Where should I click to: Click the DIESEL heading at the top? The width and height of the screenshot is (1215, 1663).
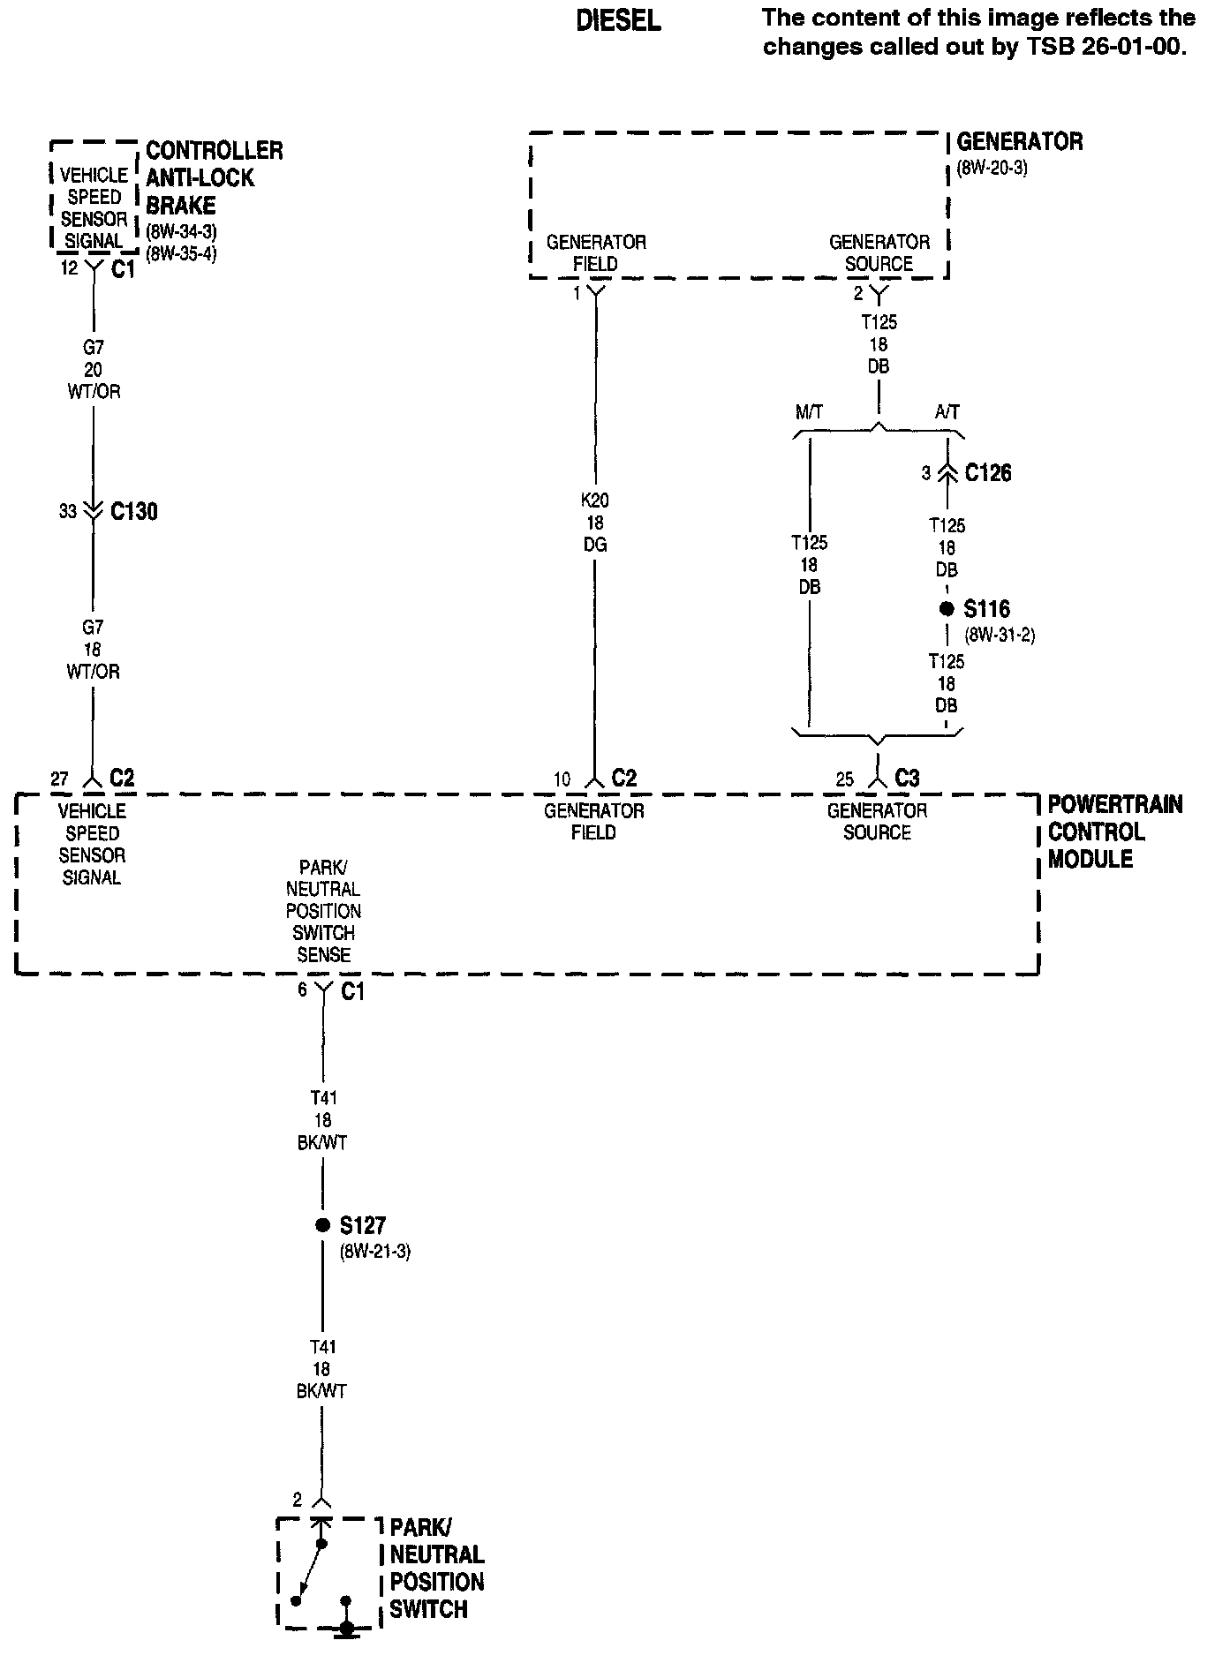tap(618, 21)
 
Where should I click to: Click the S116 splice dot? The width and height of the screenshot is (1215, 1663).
tap(947, 609)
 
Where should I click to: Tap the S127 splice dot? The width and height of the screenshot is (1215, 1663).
tap(322, 1225)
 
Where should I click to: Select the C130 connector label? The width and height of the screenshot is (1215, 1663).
tap(134, 511)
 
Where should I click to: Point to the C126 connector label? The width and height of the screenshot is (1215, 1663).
tap(988, 473)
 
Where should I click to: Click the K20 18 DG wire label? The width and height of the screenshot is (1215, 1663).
tap(594, 523)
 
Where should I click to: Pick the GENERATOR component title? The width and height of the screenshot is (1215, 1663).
tap(1019, 142)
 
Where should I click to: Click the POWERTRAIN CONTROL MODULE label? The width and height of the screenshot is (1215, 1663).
tap(1114, 831)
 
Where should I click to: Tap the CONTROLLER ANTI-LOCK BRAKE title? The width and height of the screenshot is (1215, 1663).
tap(214, 177)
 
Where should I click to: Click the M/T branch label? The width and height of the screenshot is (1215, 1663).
tap(809, 412)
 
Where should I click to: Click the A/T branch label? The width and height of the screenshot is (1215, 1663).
tap(947, 412)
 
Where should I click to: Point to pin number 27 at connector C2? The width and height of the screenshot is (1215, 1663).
tap(59, 779)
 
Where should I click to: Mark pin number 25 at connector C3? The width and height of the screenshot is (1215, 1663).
tap(845, 779)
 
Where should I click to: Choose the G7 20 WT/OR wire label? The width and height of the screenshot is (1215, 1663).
tap(93, 370)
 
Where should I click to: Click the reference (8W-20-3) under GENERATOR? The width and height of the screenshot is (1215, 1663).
tap(992, 168)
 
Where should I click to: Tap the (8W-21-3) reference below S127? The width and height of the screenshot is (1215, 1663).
tap(374, 1251)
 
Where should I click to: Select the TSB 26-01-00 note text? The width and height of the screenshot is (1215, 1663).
tap(978, 32)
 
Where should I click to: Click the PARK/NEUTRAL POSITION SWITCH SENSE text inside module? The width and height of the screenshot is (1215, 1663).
tap(323, 911)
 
